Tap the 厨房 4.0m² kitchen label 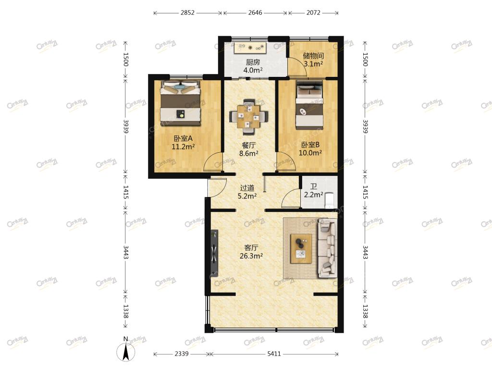253,66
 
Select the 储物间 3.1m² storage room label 313,60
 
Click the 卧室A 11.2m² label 183,142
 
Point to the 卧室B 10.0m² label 310,149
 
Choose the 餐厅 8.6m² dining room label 249,149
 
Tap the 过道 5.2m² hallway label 247,192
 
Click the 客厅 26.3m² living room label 251,252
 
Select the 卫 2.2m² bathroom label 313,191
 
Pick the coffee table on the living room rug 301,248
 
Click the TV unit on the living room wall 214,253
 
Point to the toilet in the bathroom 330,200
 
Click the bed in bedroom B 310,105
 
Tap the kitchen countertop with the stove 250,48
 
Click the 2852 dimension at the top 188,12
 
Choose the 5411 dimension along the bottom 274,354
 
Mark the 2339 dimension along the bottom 182,354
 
